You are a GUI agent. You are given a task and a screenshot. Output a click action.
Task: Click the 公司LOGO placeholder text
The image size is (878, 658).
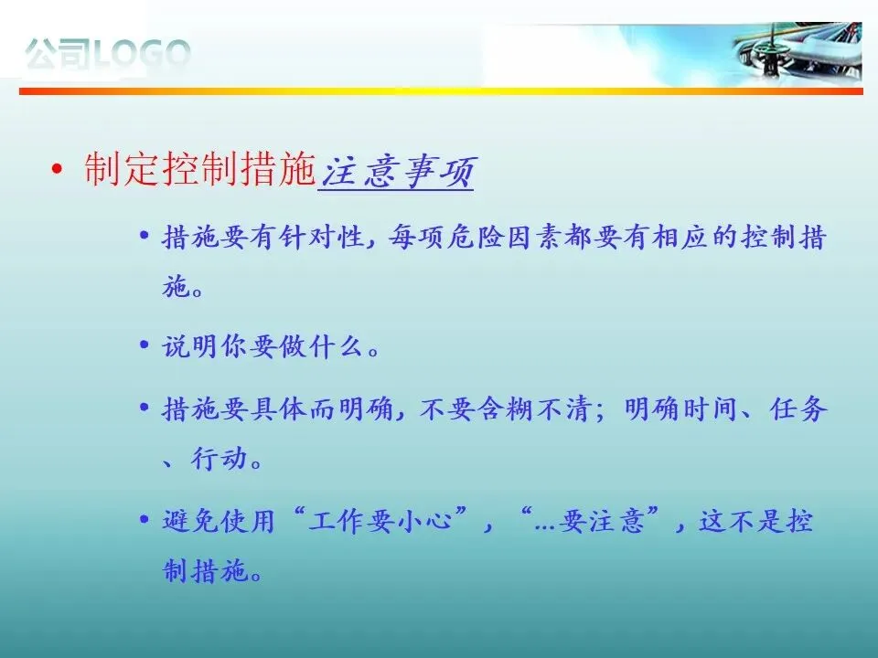tap(108, 54)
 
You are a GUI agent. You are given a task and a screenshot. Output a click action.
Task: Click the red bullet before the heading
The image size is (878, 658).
tap(56, 168)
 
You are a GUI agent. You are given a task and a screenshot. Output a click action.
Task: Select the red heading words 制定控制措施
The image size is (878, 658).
tap(200, 169)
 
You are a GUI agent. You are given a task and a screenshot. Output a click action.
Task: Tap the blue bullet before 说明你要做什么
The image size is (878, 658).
tap(145, 345)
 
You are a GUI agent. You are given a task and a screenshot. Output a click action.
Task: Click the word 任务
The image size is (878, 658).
tap(798, 409)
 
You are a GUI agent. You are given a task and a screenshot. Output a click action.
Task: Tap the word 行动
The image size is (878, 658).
tap(219, 458)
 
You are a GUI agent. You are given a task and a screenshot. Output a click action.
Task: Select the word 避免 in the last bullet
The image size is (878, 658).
tap(190, 520)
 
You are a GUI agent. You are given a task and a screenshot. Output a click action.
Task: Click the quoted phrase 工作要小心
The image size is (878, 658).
tap(380, 520)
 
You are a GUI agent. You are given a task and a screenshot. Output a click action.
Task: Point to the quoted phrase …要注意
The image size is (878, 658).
tap(589, 520)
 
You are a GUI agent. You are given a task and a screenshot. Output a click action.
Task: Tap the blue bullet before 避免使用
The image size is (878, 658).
tap(145, 519)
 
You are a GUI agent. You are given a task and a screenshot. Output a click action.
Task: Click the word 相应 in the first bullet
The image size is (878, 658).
tap(680, 237)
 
